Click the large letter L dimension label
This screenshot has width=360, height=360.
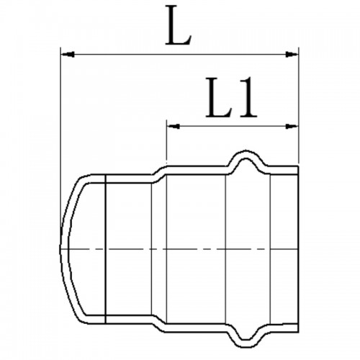179,25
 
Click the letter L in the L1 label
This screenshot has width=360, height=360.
220,98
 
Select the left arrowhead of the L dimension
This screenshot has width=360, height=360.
68,55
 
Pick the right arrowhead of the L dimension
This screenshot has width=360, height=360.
292,55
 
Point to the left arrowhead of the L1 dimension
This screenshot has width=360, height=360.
174,126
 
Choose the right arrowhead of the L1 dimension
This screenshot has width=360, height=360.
292,126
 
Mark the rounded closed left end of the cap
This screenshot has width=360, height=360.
64,249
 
